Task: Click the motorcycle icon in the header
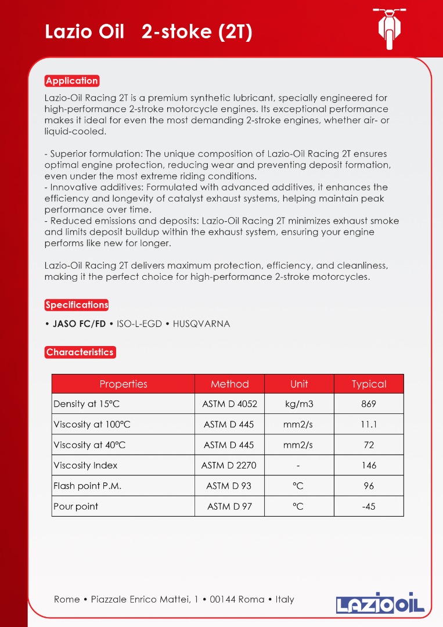(389, 27)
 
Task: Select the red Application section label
(72, 81)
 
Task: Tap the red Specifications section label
(77, 305)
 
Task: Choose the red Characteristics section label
(80, 352)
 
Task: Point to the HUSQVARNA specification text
(201, 324)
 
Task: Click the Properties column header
(123, 384)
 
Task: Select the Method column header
(229, 384)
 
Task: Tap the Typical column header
(369, 384)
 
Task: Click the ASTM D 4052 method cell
(229, 404)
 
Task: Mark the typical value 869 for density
(369, 404)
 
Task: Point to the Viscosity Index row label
(85, 465)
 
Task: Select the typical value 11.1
(369, 424)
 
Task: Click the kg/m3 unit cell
(299, 404)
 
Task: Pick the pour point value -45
(369, 506)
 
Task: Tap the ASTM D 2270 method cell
(229, 465)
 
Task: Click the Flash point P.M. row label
(87, 486)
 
